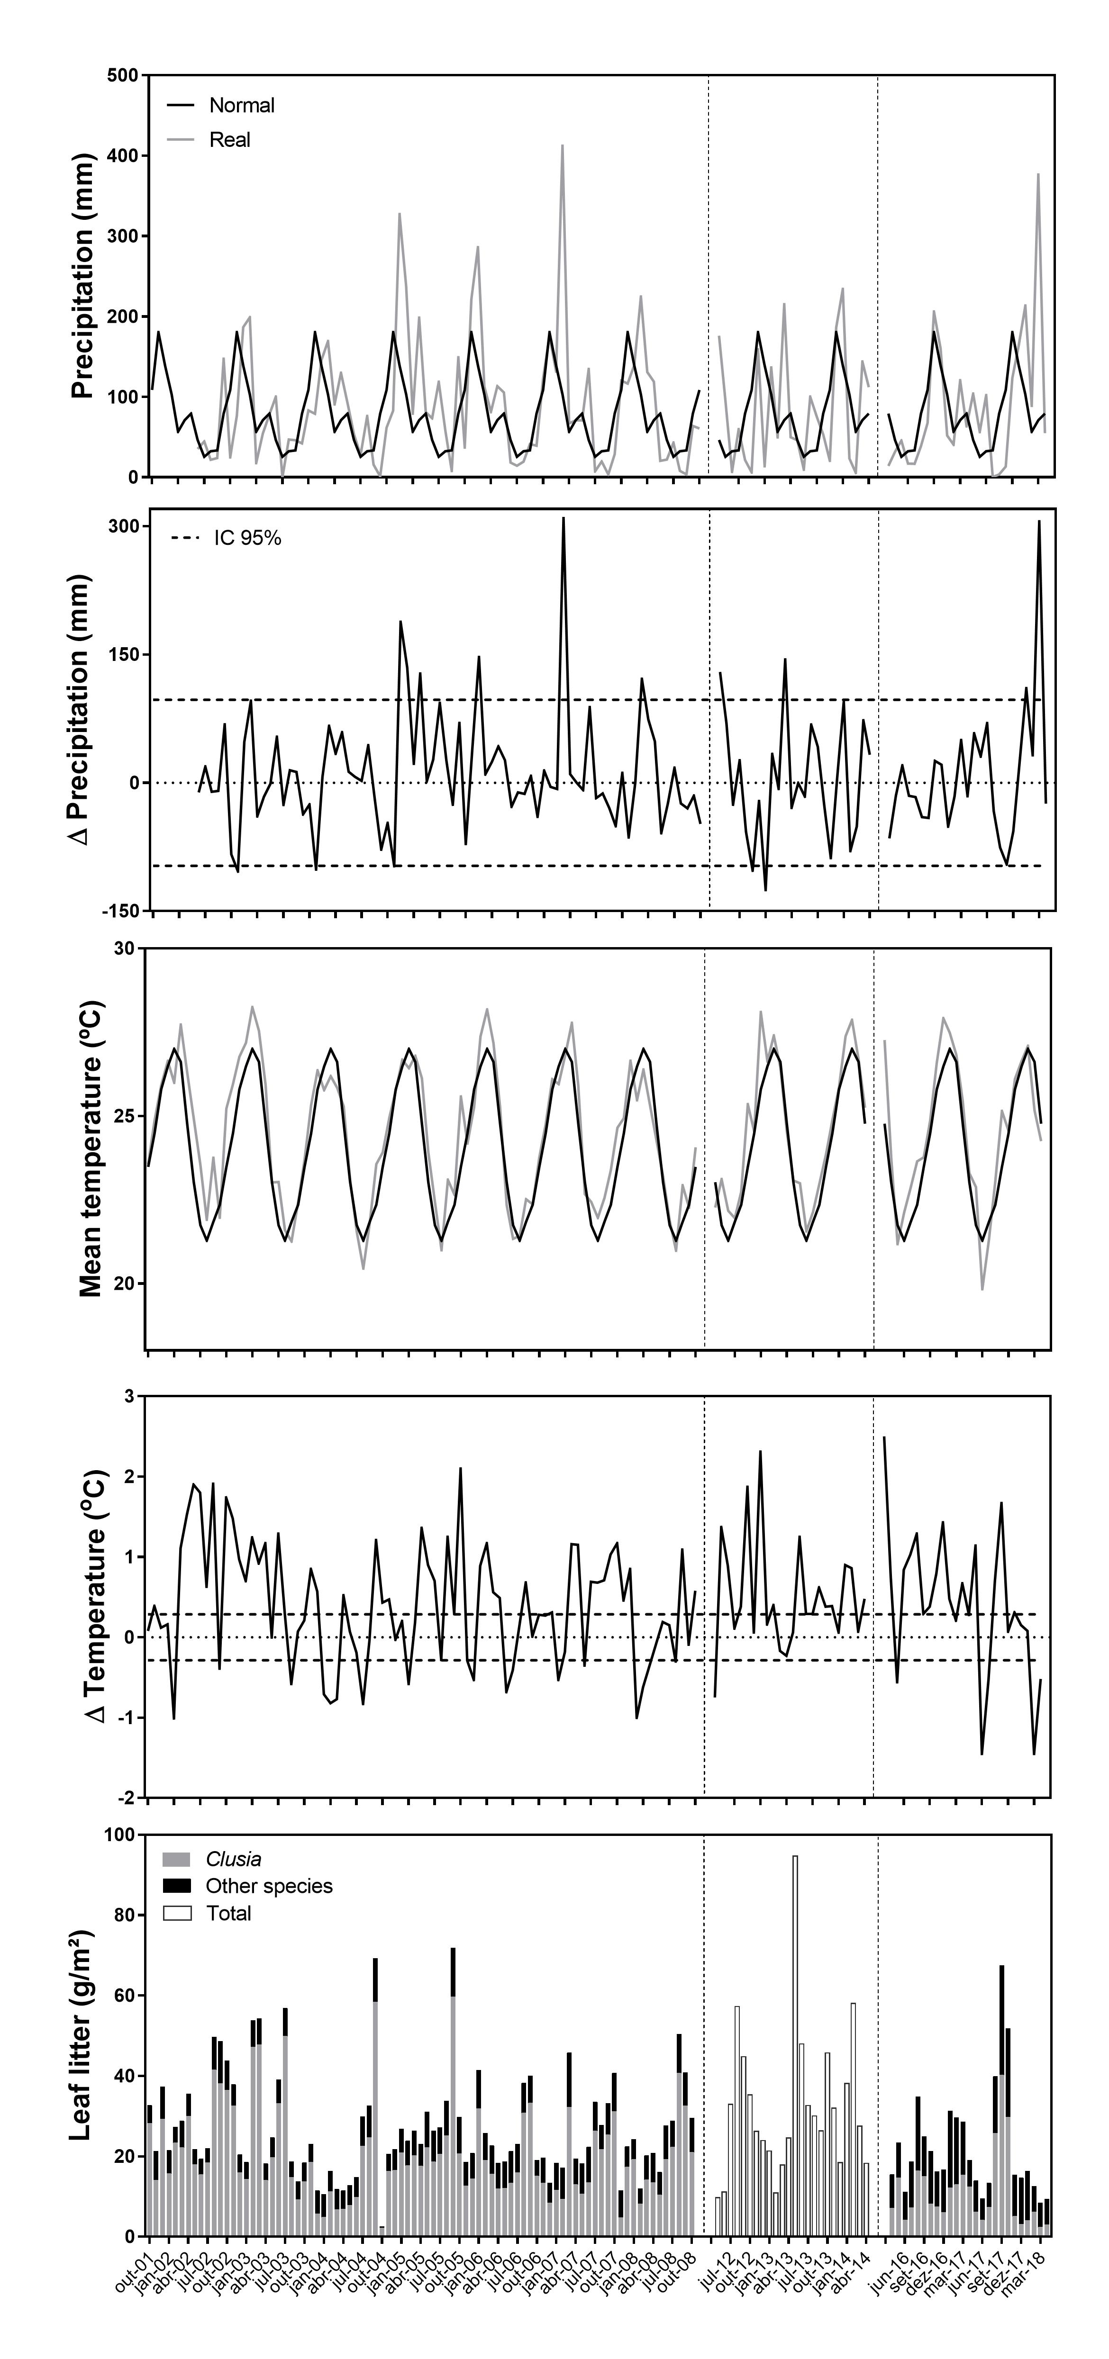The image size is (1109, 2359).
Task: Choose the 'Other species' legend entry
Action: point(268,1887)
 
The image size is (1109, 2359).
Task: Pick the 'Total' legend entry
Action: point(228,1914)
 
